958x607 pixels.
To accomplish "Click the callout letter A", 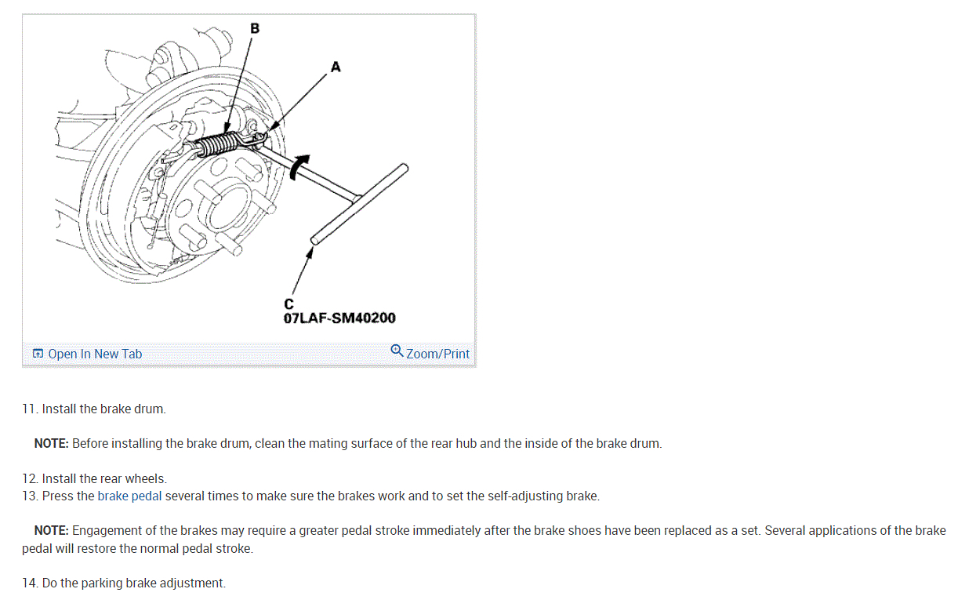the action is pos(336,67).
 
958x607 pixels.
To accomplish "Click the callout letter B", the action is pos(254,29).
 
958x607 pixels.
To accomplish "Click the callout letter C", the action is pos(288,304).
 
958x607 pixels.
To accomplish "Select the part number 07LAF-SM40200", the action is pos(339,318).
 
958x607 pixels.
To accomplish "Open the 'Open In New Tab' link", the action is pos(95,354).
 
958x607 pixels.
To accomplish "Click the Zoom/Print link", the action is pos(437,354).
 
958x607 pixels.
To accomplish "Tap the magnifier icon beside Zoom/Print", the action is pos(397,351).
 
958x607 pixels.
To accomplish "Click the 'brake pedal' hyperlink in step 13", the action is pos(129,496).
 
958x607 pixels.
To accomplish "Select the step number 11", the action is pos(30,409).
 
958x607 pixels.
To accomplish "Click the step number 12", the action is pos(30,478).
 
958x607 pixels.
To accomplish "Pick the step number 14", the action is pos(30,583).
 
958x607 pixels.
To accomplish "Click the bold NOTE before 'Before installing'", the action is pos(51,443).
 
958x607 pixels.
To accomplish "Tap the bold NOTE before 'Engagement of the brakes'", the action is pos(51,530).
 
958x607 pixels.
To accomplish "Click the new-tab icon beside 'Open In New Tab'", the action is pos(38,354).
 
